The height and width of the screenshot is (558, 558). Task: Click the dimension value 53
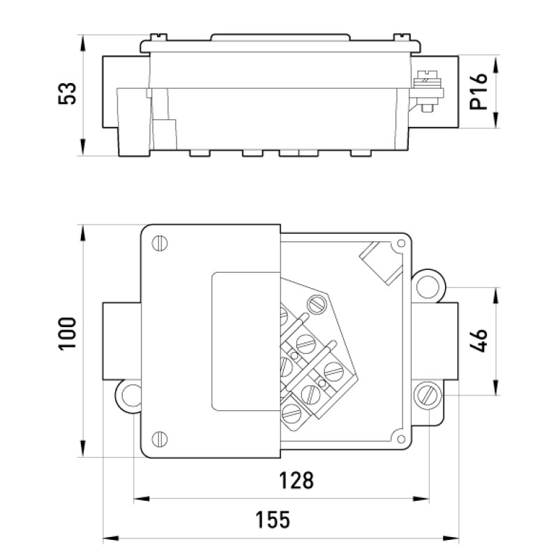pyautogui.click(x=67, y=93)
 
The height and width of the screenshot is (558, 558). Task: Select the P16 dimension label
pyautogui.click(x=478, y=91)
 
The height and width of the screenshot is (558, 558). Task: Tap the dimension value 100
pyautogui.click(x=67, y=334)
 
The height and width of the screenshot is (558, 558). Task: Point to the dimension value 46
pyautogui.click(x=478, y=340)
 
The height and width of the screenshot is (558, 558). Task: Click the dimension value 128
pyautogui.click(x=296, y=481)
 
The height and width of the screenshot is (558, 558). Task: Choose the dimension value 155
pyautogui.click(x=273, y=520)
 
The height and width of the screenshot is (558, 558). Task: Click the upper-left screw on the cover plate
pyautogui.click(x=160, y=243)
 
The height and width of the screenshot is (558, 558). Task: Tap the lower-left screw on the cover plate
pyautogui.click(x=160, y=439)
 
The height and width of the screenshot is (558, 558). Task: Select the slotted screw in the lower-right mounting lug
pyautogui.click(x=428, y=395)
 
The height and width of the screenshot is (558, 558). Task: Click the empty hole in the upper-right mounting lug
pyautogui.click(x=428, y=287)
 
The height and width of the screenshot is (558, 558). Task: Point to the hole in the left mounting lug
pyautogui.click(x=131, y=396)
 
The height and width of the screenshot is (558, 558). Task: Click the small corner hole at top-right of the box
pyautogui.click(x=401, y=243)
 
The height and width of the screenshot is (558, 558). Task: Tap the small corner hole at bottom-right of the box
pyautogui.click(x=401, y=439)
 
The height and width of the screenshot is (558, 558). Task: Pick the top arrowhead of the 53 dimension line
pyautogui.click(x=82, y=43)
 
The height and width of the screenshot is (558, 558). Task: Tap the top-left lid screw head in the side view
pyautogui.click(x=159, y=37)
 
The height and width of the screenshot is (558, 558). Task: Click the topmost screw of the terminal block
pyautogui.click(x=317, y=305)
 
